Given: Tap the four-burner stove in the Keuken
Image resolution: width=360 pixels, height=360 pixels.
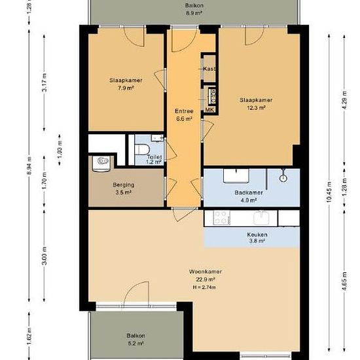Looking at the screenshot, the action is click(222, 218).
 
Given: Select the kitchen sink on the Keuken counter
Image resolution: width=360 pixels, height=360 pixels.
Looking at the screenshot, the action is click(261, 218).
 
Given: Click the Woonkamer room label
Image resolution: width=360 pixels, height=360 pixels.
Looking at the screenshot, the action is click(206, 272).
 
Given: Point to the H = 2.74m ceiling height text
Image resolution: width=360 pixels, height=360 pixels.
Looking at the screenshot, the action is click(204, 287).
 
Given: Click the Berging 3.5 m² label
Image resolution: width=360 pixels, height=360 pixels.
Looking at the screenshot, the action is click(124, 189).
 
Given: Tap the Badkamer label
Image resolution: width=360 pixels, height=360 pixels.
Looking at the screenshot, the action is click(249, 192).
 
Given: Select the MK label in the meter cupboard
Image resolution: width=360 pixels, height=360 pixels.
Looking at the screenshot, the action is click(209, 110).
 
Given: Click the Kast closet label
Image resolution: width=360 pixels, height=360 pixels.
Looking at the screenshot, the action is click(209, 69).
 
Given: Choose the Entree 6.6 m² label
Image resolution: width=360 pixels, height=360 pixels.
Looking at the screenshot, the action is click(184, 115).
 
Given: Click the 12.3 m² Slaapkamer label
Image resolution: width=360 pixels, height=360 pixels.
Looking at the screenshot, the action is click(256, 104).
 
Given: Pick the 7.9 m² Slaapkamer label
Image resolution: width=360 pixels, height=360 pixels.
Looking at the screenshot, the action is click(126, 84).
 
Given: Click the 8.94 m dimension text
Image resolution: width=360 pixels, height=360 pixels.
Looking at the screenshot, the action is click(29, 166).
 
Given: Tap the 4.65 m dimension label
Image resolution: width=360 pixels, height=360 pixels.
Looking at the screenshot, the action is click(344, 281).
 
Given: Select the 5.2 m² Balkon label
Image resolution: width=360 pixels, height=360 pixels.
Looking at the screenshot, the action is click(135, 339).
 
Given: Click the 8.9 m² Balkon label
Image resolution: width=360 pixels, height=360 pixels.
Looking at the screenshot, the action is click(194, 9).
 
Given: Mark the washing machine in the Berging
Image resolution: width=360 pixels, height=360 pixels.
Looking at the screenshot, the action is click(101, 164).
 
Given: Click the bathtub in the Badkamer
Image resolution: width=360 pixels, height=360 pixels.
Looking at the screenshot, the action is click(236, 176).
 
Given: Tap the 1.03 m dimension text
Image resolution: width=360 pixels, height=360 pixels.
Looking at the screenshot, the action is click(60, 150).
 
